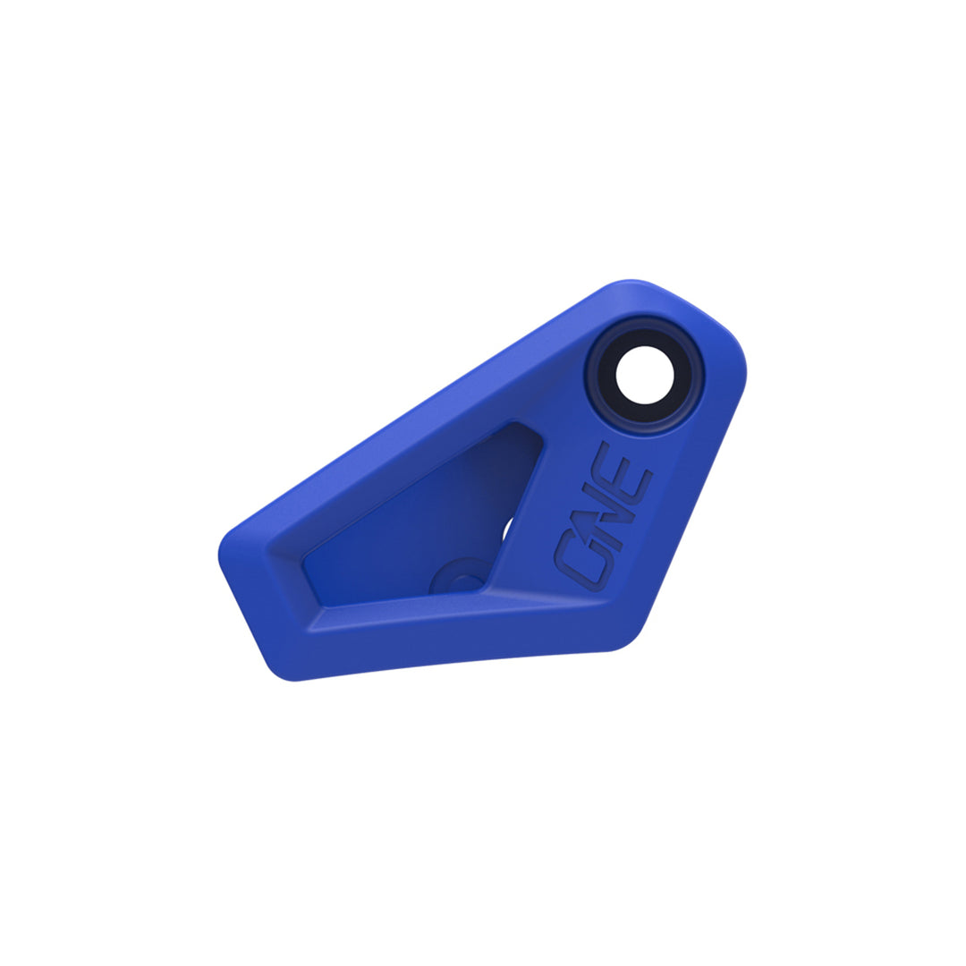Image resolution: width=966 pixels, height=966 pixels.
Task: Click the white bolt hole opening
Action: click(x=644, y=375)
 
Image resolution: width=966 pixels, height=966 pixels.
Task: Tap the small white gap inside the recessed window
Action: click(x=506, y=530)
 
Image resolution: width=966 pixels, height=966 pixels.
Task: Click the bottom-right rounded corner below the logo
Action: click(x=626, y=640)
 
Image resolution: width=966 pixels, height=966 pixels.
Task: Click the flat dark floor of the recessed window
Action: click(x=411, y=528)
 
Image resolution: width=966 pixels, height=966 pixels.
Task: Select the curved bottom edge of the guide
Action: click(x=447, y=664)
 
